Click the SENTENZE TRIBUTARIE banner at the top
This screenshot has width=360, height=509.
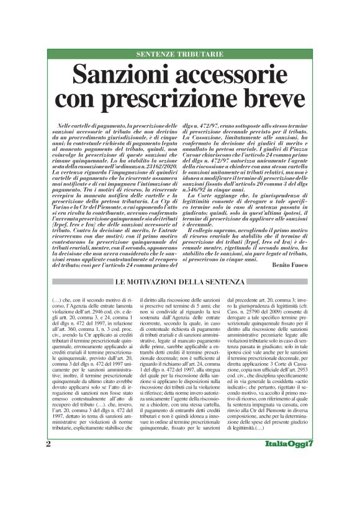pos(180,55)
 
